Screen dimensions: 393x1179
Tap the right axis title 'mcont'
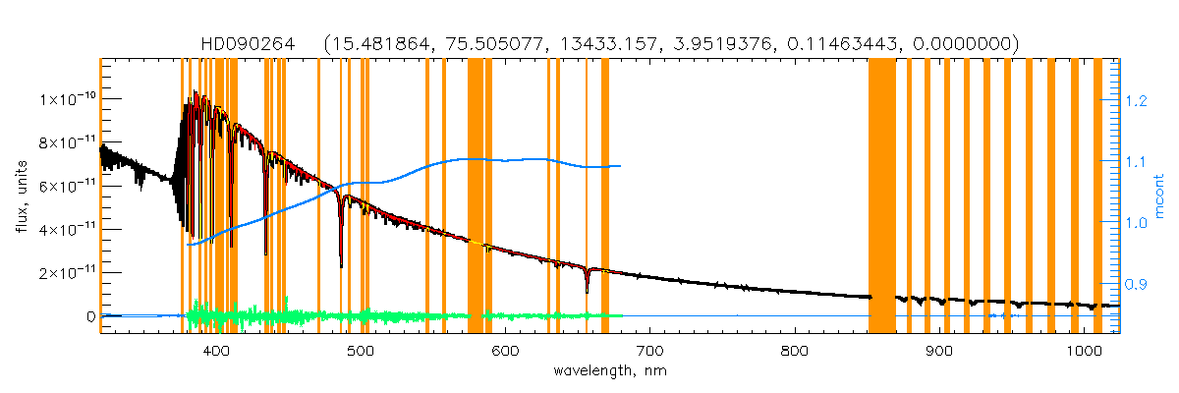click(1160, 196)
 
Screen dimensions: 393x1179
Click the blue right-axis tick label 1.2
click(1137, 101)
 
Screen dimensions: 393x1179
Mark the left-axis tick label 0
click(90, 316)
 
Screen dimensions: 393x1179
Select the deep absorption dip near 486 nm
click(341, 263)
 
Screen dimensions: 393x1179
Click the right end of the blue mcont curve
click(620, 166)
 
